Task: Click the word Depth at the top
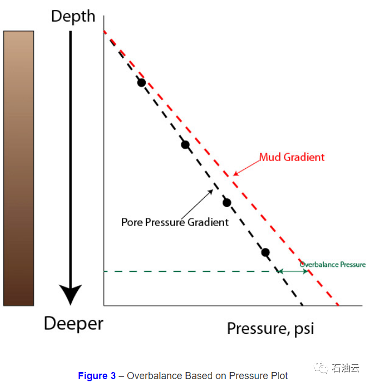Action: click(73, 16)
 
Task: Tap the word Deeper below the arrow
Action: click(73, 324)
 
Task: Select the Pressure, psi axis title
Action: click(270, 329)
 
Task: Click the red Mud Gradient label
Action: click(292, 157)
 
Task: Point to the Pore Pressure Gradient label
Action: click(175, 222)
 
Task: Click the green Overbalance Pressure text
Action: click(332, 265)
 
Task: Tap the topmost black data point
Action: click(141, 83)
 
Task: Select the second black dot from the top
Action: click(185, 145)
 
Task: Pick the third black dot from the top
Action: click(227, 203)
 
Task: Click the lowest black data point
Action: click(265, 252)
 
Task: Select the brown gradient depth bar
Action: click(18, 168)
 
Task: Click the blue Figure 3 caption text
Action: click(97, 376)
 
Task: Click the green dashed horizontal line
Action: click(190, 271)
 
